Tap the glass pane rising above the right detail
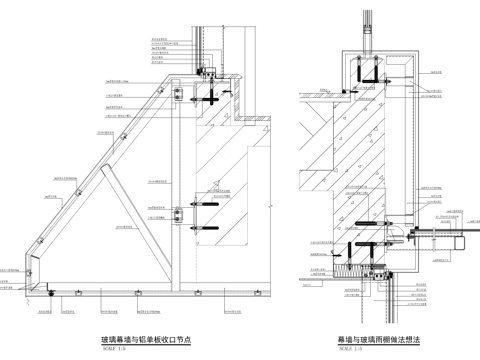(x=368, y=25)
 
